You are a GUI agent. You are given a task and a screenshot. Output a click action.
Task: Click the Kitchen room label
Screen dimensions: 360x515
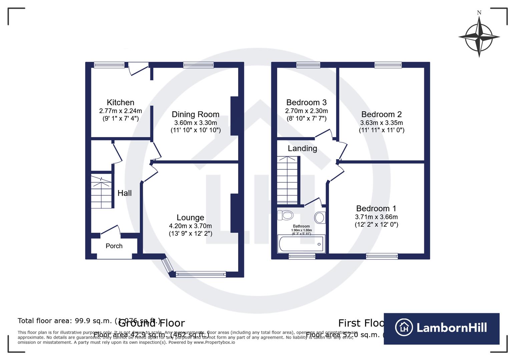click(x=120, y=102)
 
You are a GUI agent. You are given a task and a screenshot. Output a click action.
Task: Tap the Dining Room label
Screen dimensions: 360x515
click(x=195, y=114)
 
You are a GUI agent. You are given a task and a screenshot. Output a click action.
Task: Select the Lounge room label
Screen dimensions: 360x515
click(x=190, y=217)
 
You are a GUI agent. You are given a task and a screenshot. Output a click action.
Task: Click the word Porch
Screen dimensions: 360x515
click(x=114, y=246)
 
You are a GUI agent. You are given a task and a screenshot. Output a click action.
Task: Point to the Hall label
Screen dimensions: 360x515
click(x=124, y=193)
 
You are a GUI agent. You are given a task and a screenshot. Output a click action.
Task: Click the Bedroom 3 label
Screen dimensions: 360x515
click(x=306, y=102)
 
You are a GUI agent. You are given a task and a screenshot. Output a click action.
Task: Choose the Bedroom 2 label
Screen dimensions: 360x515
click(x=381, y=114)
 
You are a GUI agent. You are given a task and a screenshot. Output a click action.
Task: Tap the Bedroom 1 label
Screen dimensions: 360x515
click(x=376, y=208)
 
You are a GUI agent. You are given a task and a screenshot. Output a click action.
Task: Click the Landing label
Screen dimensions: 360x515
click(x=302, y=148)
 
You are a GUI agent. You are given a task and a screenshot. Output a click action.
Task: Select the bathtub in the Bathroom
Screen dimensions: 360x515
click(x=301, y=244)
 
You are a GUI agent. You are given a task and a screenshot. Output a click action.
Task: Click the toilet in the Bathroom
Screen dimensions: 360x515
click(x=286, y=215)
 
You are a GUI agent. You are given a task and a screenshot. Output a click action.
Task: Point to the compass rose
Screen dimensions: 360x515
click(x=479, y=37)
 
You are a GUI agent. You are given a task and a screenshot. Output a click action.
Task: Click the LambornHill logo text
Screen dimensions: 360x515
click(x=451, y=328)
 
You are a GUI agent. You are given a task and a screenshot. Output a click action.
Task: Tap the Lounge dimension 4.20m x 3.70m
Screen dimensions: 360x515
click(x=190, y=226)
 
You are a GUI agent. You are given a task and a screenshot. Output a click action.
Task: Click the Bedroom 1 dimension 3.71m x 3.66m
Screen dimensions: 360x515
click(x=376, y=217)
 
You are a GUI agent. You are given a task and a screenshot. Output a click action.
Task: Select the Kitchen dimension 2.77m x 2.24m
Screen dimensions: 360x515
click(x=120, y=111)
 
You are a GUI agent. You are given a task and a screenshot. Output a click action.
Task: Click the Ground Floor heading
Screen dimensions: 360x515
click(x=151, y=323)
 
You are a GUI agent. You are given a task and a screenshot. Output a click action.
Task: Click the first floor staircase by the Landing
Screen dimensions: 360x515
click(x=287, y=180)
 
